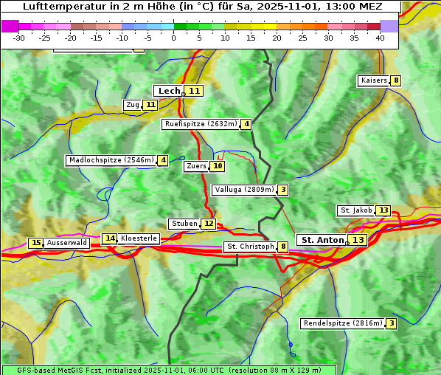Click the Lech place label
169,91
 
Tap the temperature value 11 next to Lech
193,91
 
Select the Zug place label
133,105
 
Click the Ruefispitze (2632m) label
201,124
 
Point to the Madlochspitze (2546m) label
111,160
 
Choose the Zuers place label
196,166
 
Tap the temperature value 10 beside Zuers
218,166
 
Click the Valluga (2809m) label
244,190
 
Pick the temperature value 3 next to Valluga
283,190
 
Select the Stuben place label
184,224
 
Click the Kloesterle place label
139,238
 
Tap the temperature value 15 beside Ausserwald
35,243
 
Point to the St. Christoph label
249,247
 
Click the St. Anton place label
323,240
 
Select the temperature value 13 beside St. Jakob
383,210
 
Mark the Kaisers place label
373,80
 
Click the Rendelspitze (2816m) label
343,323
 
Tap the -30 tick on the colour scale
19,37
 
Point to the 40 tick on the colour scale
380,37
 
